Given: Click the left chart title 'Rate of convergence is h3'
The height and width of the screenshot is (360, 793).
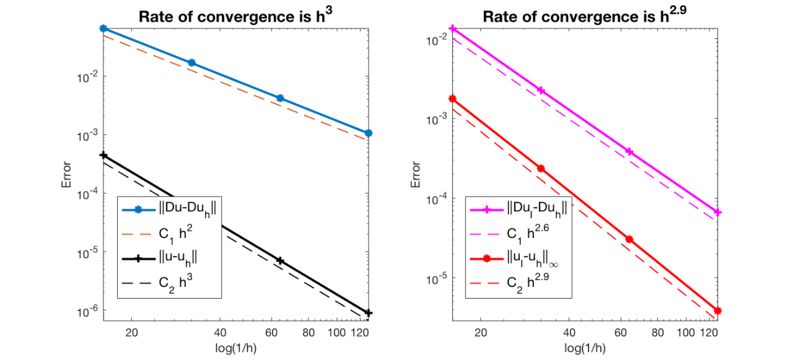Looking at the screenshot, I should [x=236, y=17].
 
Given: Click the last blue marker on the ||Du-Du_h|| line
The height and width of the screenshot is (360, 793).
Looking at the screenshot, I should [x=369, y=133].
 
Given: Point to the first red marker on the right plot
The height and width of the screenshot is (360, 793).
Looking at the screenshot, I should [x=452, y=99].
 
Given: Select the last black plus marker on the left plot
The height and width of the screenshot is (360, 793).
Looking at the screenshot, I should [x=369, y=313].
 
